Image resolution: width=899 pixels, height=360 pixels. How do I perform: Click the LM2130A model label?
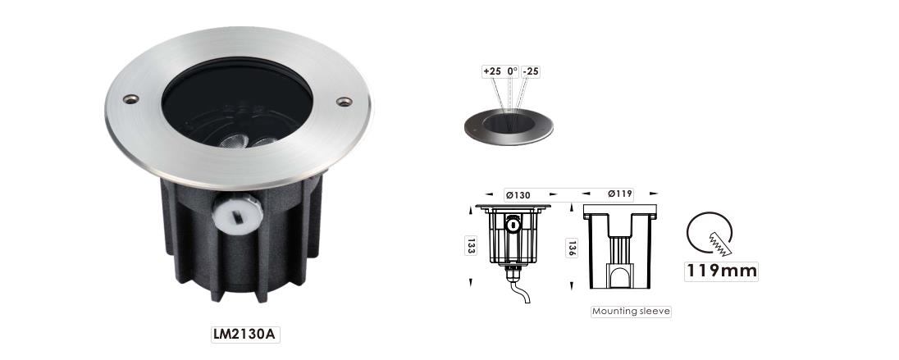pyautogui.click(x=245, y=335)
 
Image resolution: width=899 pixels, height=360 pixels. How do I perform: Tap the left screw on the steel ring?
pyautogui.click(x=130, y=98)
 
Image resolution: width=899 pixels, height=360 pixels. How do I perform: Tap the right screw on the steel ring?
pyautogui.click(x=344, y=102)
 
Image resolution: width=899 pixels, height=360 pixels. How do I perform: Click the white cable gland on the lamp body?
pyautogui.click(x=237, y=212)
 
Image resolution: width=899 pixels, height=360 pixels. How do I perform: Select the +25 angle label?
pyautogui.click(x=492, y=71)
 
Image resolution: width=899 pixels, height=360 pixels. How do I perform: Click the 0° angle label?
pyautogui.click(x=513, y=71)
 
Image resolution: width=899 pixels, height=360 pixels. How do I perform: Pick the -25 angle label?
pyautogui.click(x=531, y=71)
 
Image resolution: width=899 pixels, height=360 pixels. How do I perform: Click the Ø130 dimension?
pyautogui.click(x=518, y=195)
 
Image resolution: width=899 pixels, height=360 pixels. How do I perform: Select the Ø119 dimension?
pyautogui.click(x=620, y=194)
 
